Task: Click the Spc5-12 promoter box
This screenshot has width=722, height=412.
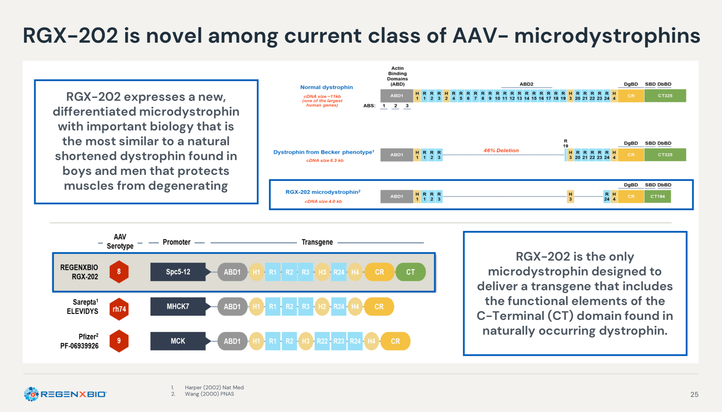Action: pos(178,272)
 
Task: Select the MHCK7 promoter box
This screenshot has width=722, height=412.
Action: pos(178,307)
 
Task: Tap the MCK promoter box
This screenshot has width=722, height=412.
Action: pos(178,341)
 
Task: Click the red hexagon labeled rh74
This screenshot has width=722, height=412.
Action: pos(119,309)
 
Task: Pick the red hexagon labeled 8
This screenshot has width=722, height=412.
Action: pos(119,272)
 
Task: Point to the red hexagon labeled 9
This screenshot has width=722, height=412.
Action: pos(119,341)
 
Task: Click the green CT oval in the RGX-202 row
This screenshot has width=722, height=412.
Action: pos(410,272)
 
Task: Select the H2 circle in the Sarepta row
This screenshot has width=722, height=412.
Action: pos(322,307)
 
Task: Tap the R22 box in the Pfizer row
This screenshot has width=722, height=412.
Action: pos(322,341)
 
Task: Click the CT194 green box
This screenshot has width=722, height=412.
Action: pos(657,196)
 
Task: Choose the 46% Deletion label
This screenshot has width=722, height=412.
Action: pos(501,151)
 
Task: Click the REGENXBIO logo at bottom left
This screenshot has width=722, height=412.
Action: pos(65,394)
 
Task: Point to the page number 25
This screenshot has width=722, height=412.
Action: pos(694,394)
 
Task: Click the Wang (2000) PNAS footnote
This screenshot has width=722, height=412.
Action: pos(209,394)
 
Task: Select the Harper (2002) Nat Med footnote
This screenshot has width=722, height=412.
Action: pos(214,387)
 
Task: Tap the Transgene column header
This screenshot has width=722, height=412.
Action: pos(317,242)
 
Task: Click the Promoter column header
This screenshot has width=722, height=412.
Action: pos(176,242)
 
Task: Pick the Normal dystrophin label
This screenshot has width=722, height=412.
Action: pos(326,87)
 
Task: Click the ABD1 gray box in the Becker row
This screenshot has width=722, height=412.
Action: pos(397,155)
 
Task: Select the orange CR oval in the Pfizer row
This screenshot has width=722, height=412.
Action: pos(395,341)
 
